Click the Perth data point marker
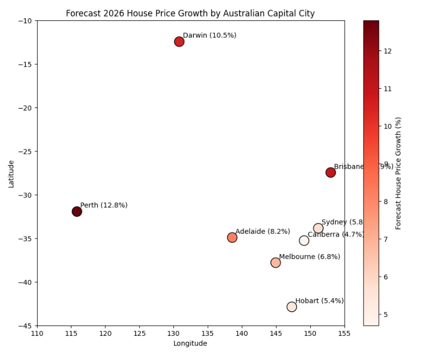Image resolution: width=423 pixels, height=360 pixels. click(77, 212)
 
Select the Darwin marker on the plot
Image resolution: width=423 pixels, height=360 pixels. click(179, 42)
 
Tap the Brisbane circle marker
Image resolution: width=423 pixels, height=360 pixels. click(331, 172)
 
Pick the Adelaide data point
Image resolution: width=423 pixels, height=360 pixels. click(232, 237)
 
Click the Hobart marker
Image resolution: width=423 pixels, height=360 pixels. click(291, 307)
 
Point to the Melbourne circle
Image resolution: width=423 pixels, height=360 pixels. click(275, 263)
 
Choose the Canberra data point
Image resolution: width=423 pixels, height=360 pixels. click(304, 241)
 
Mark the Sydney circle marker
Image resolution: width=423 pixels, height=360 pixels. click(318, 228)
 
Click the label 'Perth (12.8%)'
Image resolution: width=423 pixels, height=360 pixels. click(104, 205)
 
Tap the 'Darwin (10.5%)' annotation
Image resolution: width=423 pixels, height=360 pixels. click(209, 35)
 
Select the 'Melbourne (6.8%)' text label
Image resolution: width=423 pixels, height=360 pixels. click(309, 257)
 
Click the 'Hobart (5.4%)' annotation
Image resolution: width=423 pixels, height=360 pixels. click(319, 301)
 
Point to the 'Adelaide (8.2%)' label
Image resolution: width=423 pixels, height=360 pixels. click(262, 232)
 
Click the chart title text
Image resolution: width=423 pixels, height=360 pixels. click(190, 13)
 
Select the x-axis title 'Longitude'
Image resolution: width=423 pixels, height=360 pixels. click(190, 344)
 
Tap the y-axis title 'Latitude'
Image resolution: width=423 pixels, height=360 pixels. click(11, 173)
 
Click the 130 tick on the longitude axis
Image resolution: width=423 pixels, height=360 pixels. click(173, 333)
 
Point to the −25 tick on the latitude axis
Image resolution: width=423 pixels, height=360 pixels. click(25, 152)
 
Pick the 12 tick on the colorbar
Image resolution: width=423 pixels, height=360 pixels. click(388, 51)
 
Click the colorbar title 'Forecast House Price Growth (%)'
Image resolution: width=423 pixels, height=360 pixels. click(398, 173)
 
